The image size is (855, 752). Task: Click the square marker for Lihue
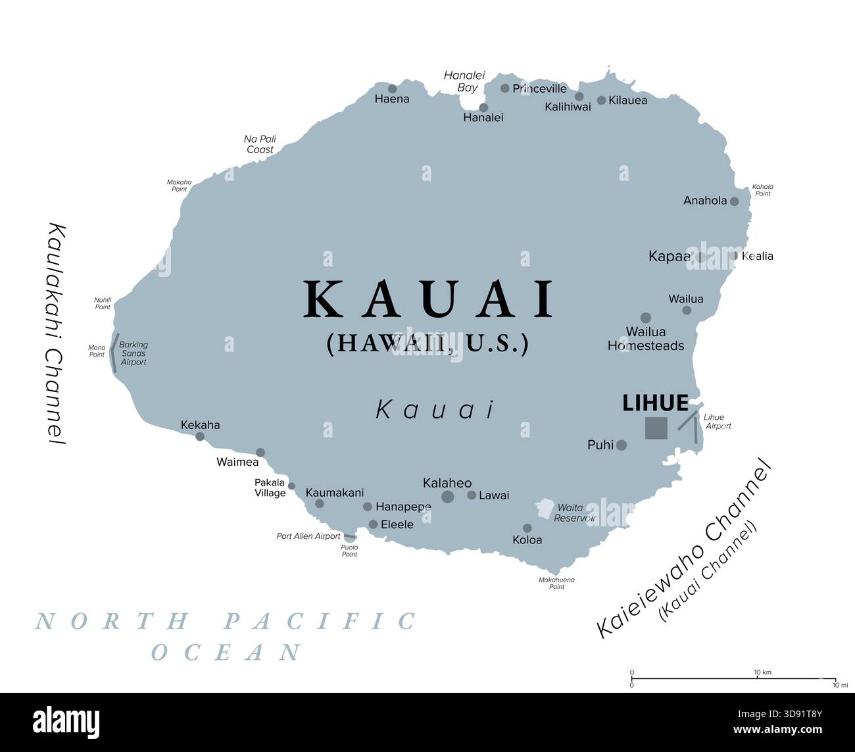(656, 428)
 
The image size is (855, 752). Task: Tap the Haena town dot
(392, 89)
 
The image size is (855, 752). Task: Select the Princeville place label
(539, 88)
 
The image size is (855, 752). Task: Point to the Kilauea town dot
(601, 101)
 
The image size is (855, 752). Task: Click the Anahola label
(705, 201)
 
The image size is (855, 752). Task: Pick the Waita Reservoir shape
(545, 509)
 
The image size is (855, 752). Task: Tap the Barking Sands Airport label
(134, 353)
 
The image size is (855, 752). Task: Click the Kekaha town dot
(200, 436)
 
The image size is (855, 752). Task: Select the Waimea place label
(237, 462)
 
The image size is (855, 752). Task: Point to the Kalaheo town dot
(447, 497)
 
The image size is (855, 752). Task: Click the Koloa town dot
(527, 528)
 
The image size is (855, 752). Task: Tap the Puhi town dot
(621, 445)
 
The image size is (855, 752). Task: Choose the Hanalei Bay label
(460, 81)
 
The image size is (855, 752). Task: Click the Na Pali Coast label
(260, 144)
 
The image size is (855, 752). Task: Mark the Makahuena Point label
(556, 583)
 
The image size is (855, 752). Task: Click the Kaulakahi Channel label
(57, 334)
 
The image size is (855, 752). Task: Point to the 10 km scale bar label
(762, 672)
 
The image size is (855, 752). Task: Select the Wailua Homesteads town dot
(645, 318)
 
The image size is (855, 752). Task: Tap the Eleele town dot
(373, 524)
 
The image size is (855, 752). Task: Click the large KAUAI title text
(429, 300)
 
